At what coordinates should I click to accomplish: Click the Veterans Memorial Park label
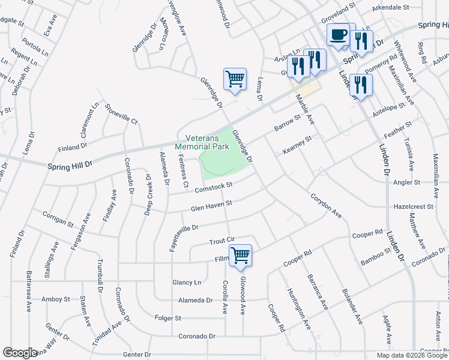202,142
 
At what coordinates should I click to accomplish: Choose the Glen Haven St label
211,206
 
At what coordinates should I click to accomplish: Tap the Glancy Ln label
187,282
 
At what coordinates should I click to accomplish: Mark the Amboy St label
56,298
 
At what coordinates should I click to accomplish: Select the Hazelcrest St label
414,206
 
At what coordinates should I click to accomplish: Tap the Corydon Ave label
326,205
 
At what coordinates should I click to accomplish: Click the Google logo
20,353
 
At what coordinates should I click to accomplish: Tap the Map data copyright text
412,355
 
